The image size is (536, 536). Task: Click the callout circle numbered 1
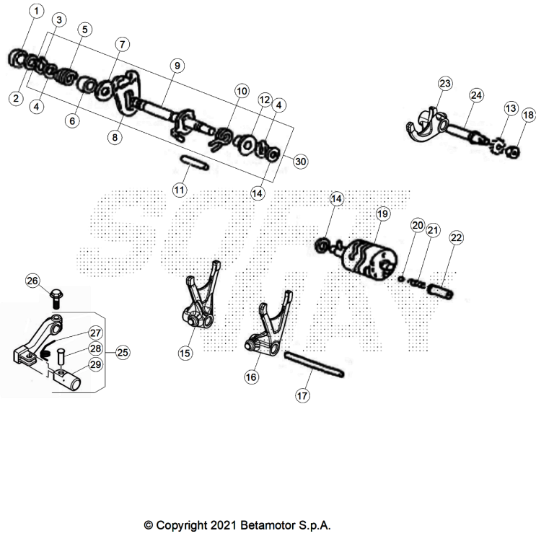(37, 11)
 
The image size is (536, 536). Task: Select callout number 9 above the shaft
(175, 65)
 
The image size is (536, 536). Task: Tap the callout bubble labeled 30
(301, 162)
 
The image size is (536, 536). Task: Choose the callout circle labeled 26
(32, 281)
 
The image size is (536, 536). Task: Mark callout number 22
(457, 237)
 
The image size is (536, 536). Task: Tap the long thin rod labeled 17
(314, 364)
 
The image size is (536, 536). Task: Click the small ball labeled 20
(400, 277)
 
